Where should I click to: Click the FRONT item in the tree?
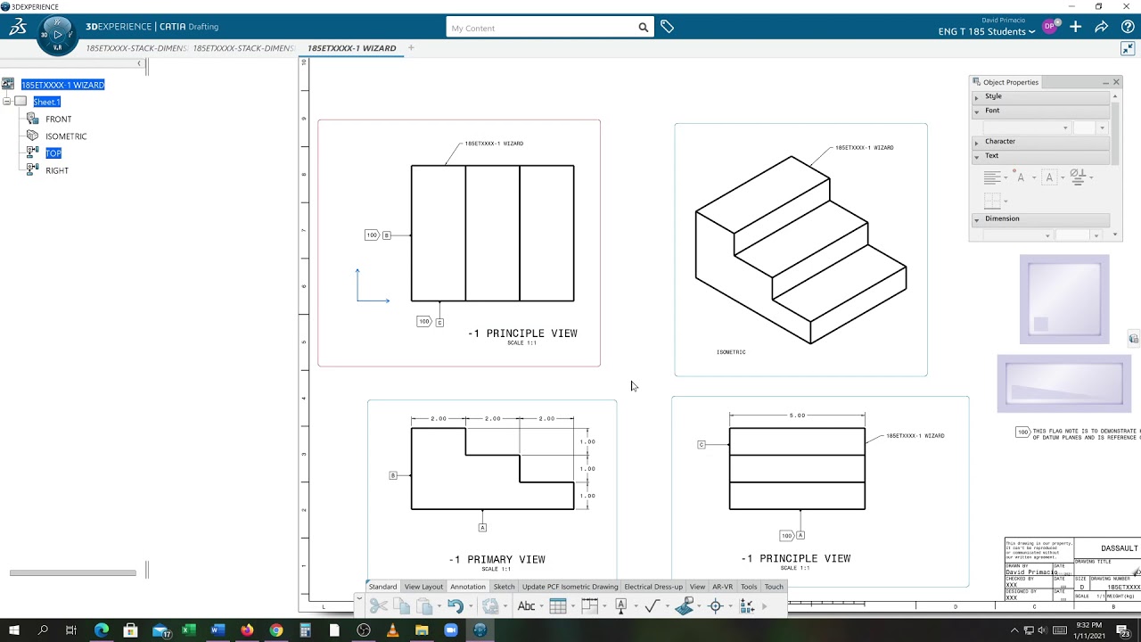(x=58, y=119)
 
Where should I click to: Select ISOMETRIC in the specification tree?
(x=66, y=136)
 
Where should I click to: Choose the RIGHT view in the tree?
(x=56, y=170)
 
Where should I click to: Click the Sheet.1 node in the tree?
(x=46, y=102)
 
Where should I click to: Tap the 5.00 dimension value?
(x=797, y=416)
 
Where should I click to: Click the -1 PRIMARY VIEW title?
(x=497, y=560)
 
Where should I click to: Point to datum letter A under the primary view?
(x=482, y=528)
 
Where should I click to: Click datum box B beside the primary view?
(x=393, y=475)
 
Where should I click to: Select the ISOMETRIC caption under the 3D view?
(x=731, y=352)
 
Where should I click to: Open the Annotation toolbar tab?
(x=467, y=587)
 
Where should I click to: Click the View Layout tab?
(x=423, y=587)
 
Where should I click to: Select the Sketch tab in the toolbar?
(x=504, y=587)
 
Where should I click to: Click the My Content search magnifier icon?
(x=644, y=28)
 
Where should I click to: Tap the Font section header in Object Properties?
(x=992, y=111)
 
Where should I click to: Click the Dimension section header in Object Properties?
(x=1002, y=218)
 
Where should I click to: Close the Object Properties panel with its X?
(x=1116, y=82)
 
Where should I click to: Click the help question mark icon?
(x=1128, y=28)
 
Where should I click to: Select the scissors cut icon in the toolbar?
(x=379, y=606)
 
